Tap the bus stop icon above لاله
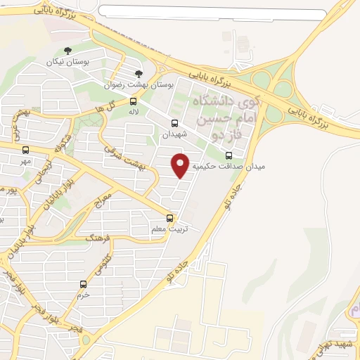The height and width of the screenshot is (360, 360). [x=134, y=101]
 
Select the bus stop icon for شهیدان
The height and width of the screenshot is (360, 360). [x=174, y=123]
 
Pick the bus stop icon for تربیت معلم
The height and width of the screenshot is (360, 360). [x=169, y=219]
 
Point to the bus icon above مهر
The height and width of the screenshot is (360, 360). [x=26, y=150]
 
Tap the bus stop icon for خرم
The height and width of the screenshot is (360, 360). [x=84, y=285]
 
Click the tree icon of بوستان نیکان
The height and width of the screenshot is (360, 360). [x=67, y=51]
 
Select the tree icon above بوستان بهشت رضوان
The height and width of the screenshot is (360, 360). [x=138, y=73]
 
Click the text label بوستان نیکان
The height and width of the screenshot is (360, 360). [x=67, y=63]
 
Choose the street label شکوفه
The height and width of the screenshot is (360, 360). [x=64, y=144]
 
